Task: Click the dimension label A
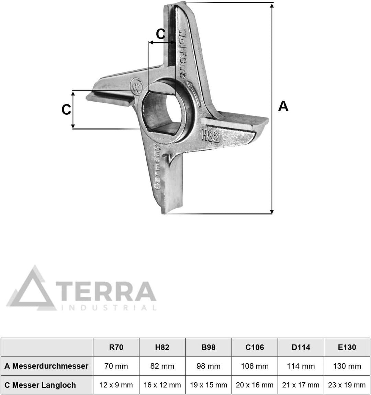pos(283,106)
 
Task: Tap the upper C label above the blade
pos(161,34)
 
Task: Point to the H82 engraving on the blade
pos(210,136)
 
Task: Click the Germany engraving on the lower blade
pos(158,167)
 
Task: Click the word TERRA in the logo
pos(106,291)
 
